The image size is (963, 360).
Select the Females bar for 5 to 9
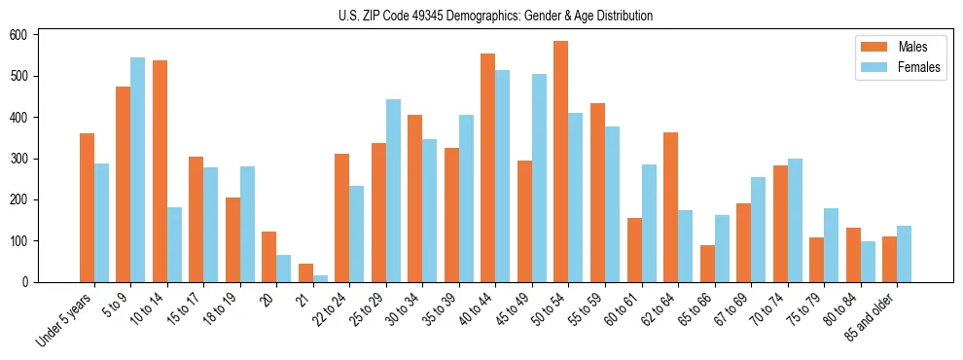point(138,169)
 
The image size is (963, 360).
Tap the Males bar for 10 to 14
point(160,171)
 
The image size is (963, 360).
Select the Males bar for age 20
point(269,257)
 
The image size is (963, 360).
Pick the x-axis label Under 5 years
point(66,322)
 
